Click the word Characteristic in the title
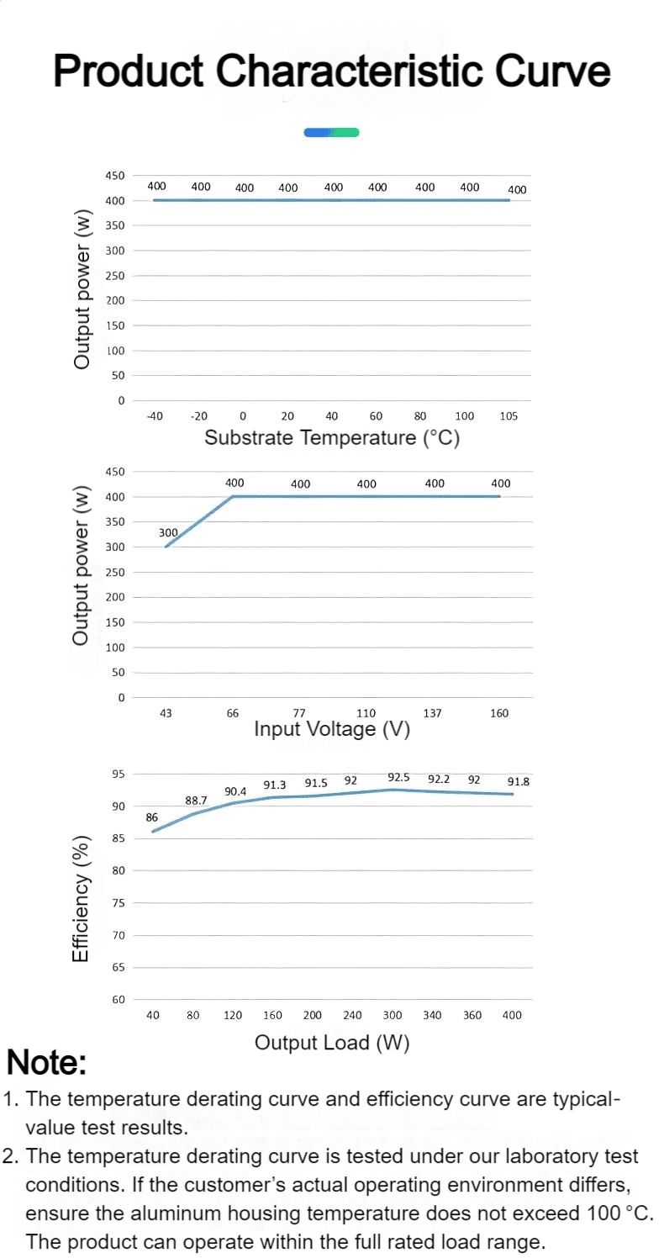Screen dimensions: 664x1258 click(349, 71)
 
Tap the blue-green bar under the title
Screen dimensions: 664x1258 click(331, 133)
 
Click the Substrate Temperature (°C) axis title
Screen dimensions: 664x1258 click(332, 437)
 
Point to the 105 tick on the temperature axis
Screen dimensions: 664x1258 click(509, 416)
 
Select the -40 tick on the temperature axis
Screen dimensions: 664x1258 click(155, 416)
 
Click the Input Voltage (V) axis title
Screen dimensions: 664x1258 click(332, 729)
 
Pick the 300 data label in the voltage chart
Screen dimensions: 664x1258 click(168, 532)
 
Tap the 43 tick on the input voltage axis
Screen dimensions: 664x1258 click(166, 713)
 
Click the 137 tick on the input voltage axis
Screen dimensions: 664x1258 click(432, 713)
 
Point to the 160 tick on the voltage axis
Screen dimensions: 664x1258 click(499, 713)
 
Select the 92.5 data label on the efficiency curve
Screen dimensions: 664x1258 click(398, 777)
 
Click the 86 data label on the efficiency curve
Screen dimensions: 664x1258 click(151, 817)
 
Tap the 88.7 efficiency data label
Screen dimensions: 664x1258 click(196, 801)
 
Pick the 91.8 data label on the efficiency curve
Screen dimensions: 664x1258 click(518, 781)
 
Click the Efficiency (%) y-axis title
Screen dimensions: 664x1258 click(81, 898)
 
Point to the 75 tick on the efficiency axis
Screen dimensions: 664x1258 click(119, 903)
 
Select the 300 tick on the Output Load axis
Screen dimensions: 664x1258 click(393, 1015)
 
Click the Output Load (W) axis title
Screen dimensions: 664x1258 click(332, 1043)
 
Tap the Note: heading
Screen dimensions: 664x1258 click(46, 1063)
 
